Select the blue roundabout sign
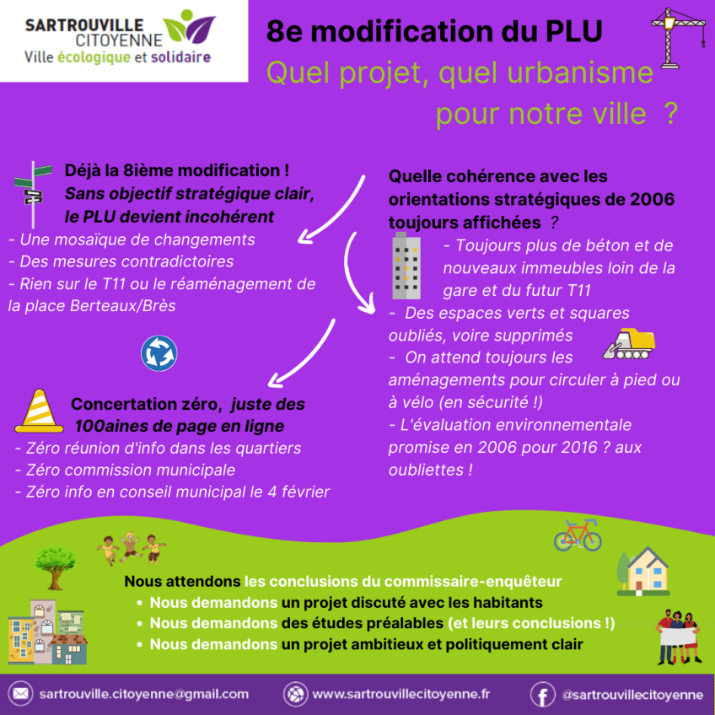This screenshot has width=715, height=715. point(159,352)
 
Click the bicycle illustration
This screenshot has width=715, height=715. point(578,535)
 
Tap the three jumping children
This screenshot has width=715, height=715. point(131,548)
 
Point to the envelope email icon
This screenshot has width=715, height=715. point(20,694)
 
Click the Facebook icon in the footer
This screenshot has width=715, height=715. point(542,694)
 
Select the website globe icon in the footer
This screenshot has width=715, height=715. point(294,694)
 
